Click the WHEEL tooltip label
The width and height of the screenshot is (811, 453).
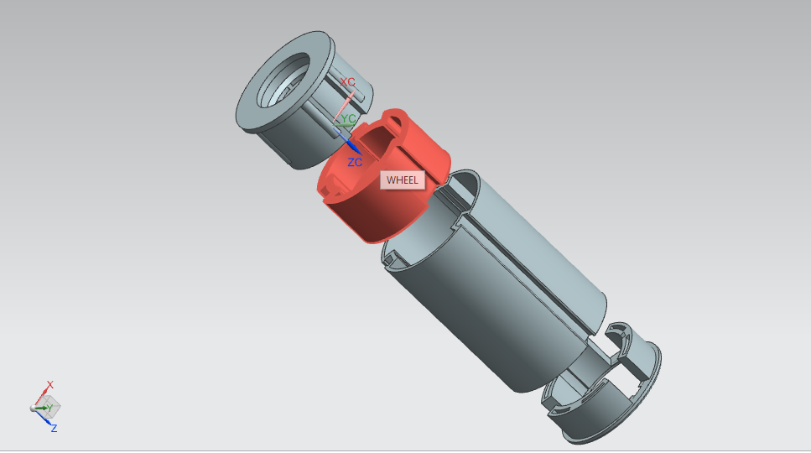point(403,180)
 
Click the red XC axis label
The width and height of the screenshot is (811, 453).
point(347,82)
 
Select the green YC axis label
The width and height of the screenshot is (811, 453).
point(349,118)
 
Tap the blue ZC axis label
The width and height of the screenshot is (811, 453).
point(355,163)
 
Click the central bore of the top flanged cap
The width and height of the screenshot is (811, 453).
point(283,81)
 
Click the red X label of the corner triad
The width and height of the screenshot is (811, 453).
point(50,385)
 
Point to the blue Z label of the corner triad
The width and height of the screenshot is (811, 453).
point(54,428)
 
